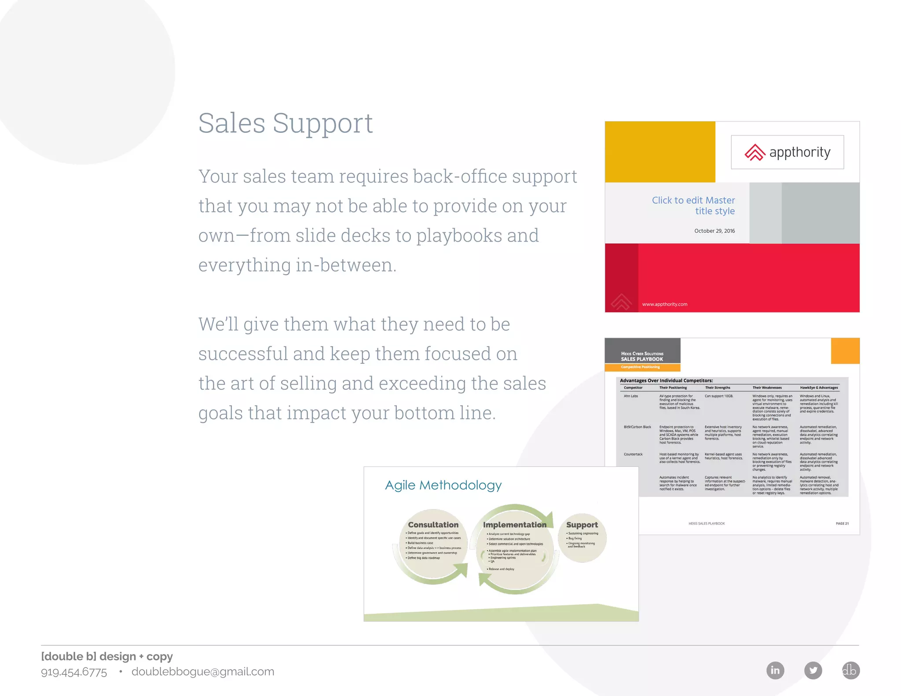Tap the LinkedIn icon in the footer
(775, 670)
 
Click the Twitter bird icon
(813, 670)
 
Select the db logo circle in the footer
(850, 670)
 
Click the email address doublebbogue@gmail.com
(203, 672)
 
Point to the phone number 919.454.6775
(74, 672)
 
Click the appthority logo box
(787, 152)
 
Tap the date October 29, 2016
(714, 231)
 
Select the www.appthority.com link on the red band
(664, 304)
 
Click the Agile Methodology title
(443, 485)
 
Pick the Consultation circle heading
(433, 525)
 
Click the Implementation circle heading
(514, 525)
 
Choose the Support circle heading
(582, 525)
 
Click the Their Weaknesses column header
(767, 388)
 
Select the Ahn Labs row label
(630, 396)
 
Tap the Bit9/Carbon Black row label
(637, 427)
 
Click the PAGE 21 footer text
(842, 524)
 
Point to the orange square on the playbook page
(845, 351)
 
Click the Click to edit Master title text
(693, 205)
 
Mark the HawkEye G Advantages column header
(819, 388)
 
